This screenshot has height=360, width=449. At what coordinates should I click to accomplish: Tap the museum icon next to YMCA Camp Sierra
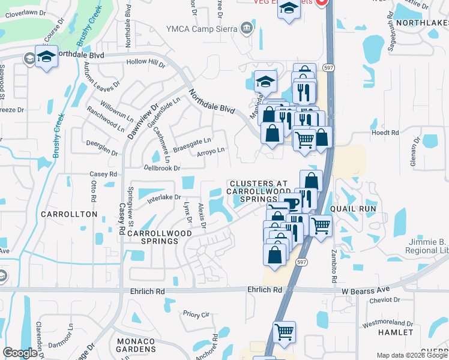246,28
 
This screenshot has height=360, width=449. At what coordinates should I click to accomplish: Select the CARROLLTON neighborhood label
70,214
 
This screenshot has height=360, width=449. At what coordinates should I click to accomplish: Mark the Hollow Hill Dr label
145,63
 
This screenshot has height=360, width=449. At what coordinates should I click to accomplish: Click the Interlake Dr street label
160,197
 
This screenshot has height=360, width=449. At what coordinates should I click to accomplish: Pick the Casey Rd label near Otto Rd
103,174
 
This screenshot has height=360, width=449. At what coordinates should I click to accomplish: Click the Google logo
20,353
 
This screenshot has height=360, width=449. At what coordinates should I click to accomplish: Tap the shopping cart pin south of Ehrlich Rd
284,331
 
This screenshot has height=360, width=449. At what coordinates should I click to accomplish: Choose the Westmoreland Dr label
387,324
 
